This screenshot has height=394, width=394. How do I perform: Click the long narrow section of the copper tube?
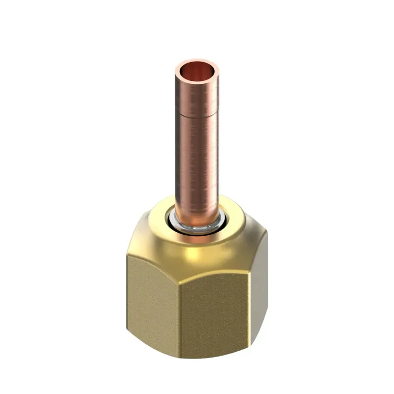[x=196, y=163]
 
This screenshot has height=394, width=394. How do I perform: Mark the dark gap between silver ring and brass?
[x=183, y=228]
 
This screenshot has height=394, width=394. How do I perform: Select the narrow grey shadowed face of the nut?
[x=260, y=291]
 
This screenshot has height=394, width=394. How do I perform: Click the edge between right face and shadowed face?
[x=250, y=296]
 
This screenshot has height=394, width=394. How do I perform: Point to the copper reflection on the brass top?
[x=197, y=237]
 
